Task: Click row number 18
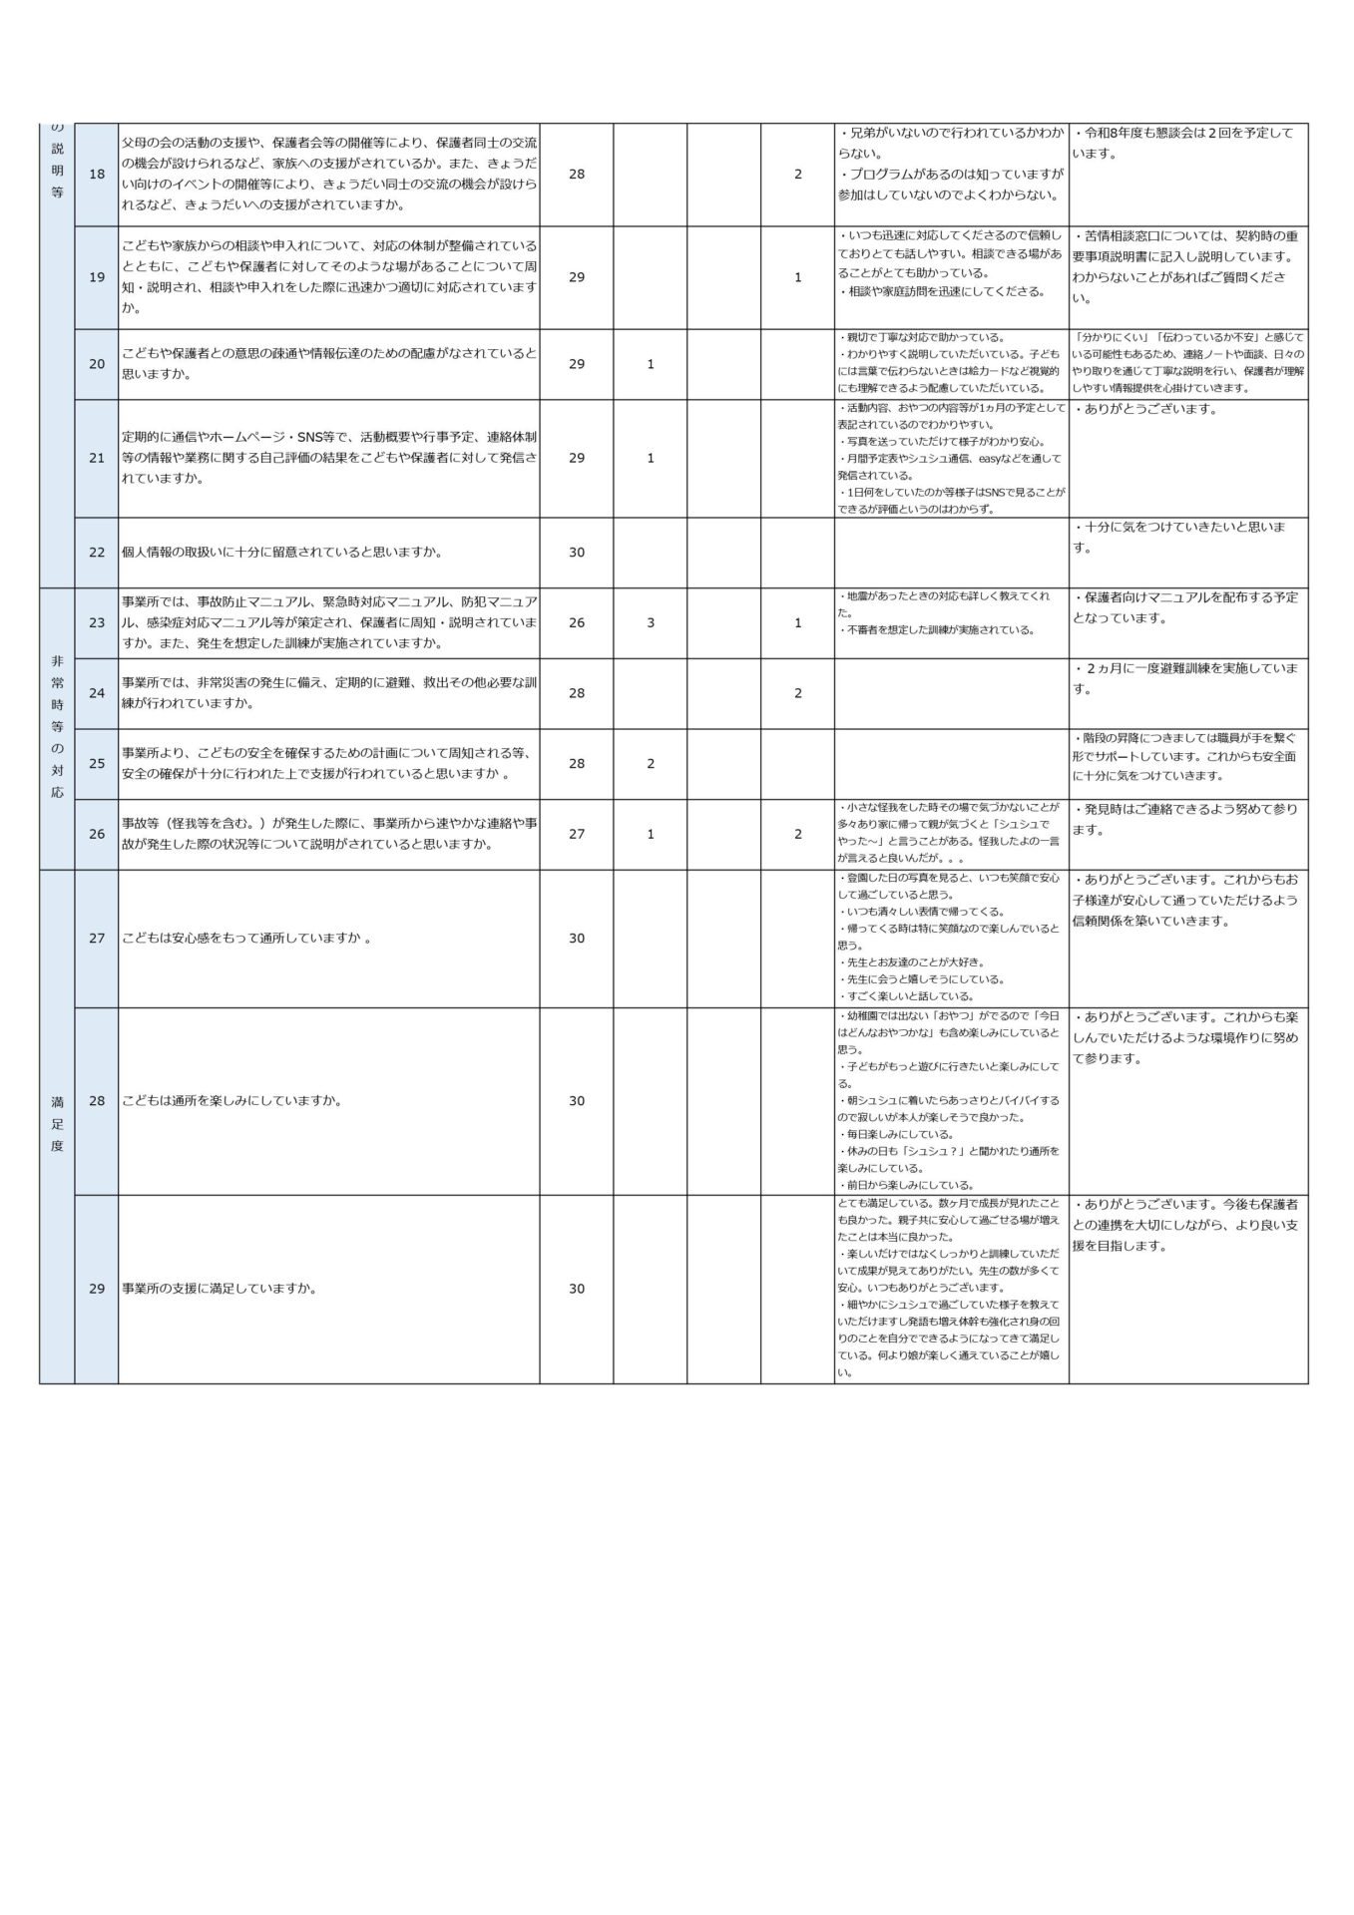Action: click(97, 175)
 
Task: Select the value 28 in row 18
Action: click(576, 175)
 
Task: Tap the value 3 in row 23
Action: click(651, 622)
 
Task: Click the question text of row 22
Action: click(282, 552)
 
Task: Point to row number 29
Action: click(97, 1289)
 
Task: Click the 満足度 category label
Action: click(57, 1124)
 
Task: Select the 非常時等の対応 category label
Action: click(57, 727)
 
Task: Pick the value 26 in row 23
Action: click(576, 622)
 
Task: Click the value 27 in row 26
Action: click(576, 834)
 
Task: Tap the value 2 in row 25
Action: click(651, 764)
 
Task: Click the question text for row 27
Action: click(246, 939)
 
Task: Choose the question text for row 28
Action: click(232, 1101)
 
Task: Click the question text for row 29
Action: click(220, 1289)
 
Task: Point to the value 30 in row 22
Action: click(576, 552)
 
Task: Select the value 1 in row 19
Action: click(797, 277)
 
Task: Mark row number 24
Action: click(97, 693)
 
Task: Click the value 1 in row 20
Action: click(651, 364)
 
